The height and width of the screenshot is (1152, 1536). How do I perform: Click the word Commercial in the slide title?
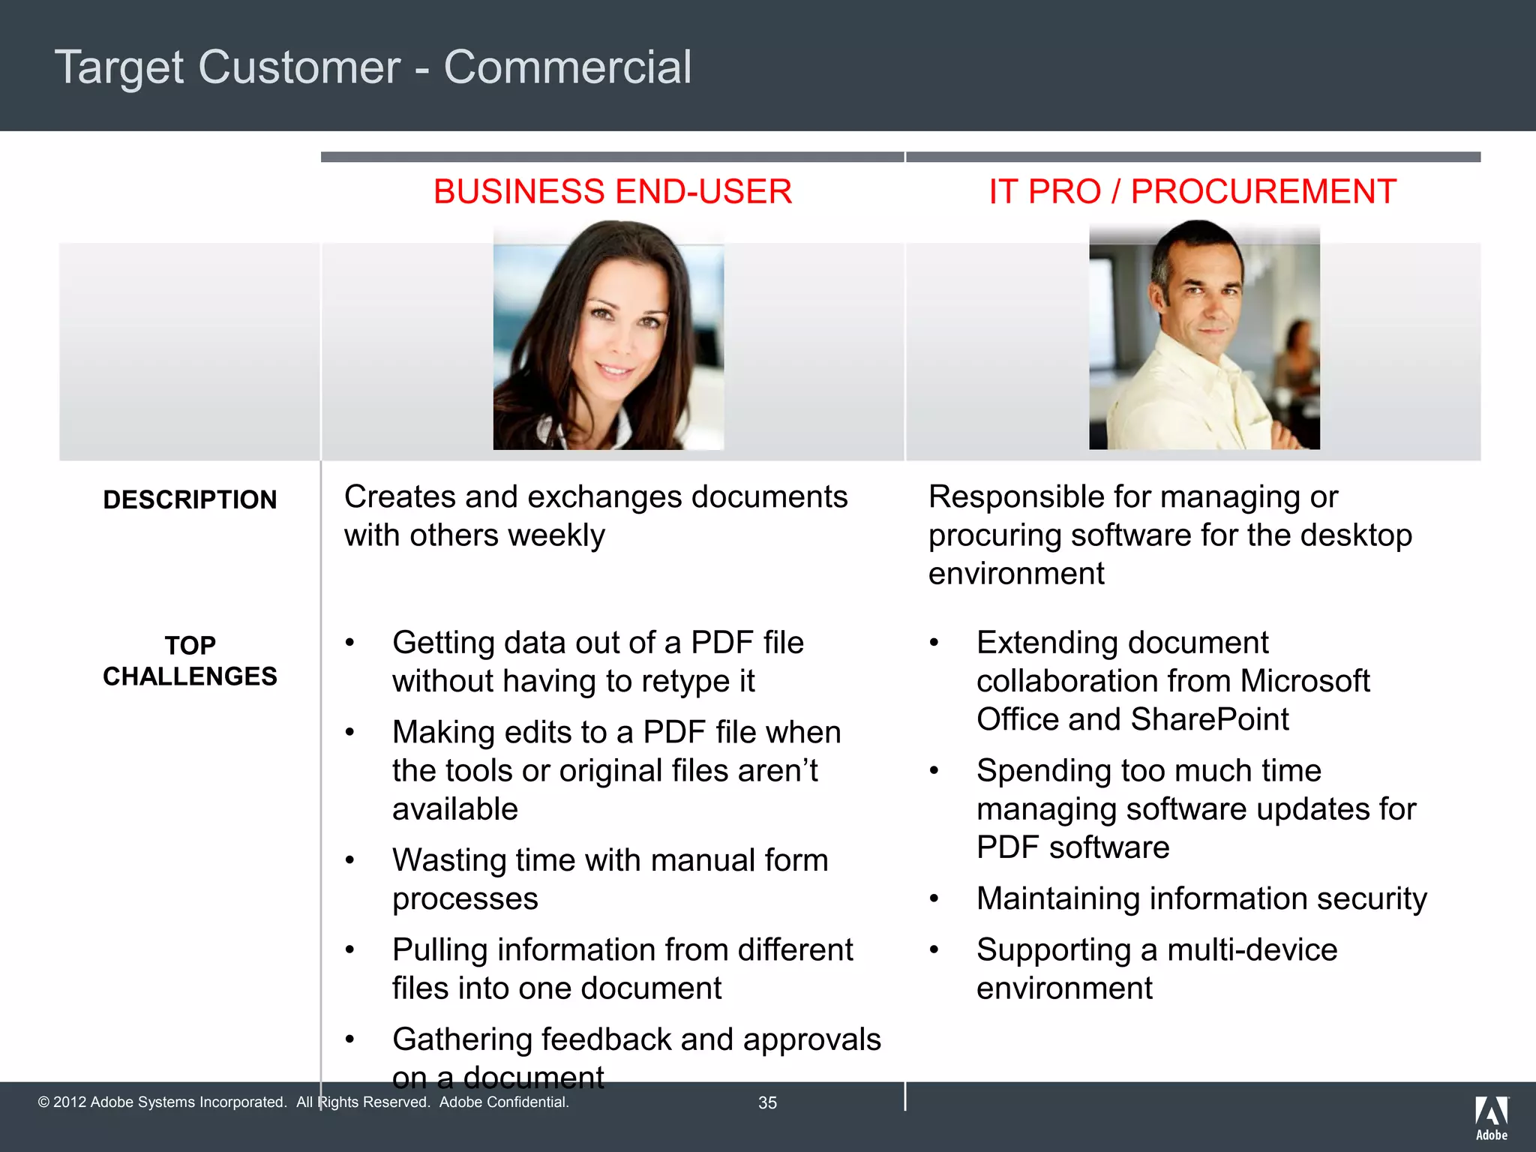pyautogui.click(x=567, y=67)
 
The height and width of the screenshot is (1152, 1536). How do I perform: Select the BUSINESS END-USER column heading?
pyautogui.click(x=612, y=192)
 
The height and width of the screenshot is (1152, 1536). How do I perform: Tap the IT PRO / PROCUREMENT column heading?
pyautogui.click(x=1192, y=192)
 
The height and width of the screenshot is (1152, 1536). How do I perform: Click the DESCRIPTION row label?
pyautogui.click(x=190, y=500)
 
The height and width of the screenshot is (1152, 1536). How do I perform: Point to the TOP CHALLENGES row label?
pyautogui.click(x=190, y=661)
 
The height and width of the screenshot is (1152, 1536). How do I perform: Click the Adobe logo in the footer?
pyautogui.click(x=1491, y=1117)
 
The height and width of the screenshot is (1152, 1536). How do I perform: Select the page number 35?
pyautogui.click(x=767, y=1102)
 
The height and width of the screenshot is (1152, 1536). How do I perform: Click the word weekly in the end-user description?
pyautogui.click(x=556, y=535)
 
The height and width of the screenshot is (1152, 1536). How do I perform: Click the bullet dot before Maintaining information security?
pyautogui.click(x=934, y=899)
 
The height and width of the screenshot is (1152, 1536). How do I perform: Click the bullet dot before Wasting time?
pyautogui.click(x=349, y=861)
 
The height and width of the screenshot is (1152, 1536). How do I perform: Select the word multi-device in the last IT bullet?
pyautogui.click(x=1252, y=950)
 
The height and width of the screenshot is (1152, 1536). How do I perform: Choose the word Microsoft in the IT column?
pyautogui.click(x=1304, y=681)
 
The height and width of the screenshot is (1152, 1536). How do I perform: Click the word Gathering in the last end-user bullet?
pyautogui.click(x=461, y=1039)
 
